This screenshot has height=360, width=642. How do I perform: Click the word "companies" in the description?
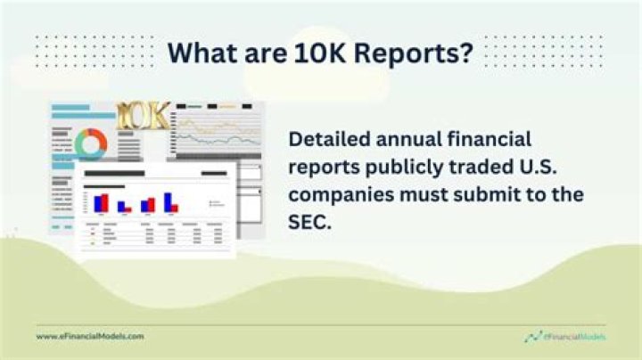(x=337, y=195)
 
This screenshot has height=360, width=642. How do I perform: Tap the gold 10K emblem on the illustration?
(x=143, y=116)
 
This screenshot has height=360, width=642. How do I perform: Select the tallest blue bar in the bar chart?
(x=167, y=201)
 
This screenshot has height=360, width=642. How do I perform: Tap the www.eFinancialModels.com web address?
(x=89, y=336)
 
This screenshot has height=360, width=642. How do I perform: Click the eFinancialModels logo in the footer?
(x=566, y=336)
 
